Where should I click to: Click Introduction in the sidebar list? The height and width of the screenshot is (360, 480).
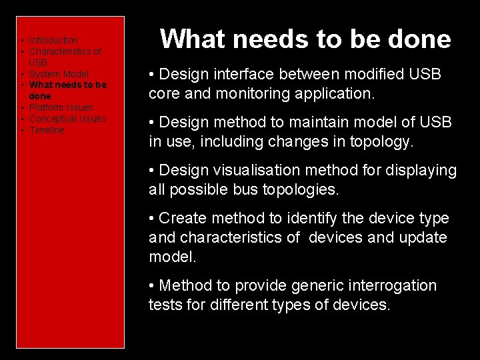(53, 41)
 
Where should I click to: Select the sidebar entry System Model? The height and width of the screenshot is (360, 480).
(59, 74)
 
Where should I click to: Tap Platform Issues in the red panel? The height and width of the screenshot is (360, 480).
(61, 107)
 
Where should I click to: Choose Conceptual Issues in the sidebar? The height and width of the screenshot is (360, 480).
(67, 119)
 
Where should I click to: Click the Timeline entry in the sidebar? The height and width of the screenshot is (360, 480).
(47, 130)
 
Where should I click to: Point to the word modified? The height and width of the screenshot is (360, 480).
(375, 75)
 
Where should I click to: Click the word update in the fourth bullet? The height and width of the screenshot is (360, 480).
(425, 238)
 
